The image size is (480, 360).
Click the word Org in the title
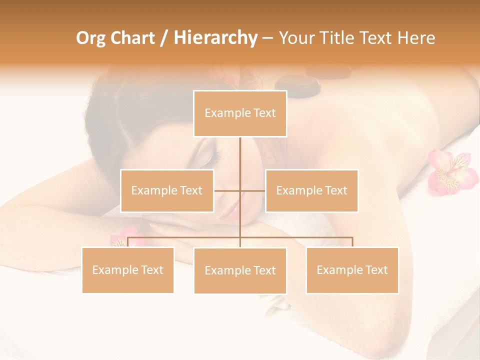coord(91,38)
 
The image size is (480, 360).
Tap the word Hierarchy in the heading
coord(215,38)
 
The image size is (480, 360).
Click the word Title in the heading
coord(338,38)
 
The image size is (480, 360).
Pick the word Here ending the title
coord(416,38)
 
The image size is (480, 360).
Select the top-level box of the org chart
coord(240,113)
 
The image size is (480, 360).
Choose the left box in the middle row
coord(167,190)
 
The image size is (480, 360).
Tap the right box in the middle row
coord(311,190)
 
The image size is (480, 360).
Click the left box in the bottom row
coord(128,270)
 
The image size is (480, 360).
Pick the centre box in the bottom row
coord(240,270)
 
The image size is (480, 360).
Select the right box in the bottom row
coord(352,270)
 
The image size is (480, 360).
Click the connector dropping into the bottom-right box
coord(352,242)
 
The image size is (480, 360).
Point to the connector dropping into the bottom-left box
coord(128,242)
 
